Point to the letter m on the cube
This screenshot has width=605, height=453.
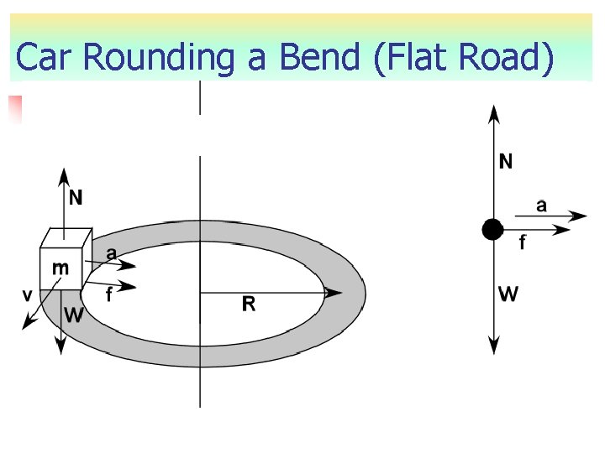point(60,268)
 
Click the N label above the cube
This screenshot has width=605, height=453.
point(76,198)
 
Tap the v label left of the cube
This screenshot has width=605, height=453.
point(28,294)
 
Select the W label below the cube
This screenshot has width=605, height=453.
point(74,315)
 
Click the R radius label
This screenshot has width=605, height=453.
point(249,305)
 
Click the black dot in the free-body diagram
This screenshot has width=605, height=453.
point(492,228)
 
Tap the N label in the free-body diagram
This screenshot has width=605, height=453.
point(506,161)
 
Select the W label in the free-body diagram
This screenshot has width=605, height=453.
point(508,294)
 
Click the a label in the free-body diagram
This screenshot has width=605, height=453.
point(541,205)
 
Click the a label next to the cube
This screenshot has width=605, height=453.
point(111,253)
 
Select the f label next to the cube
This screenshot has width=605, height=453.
point(109,295)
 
